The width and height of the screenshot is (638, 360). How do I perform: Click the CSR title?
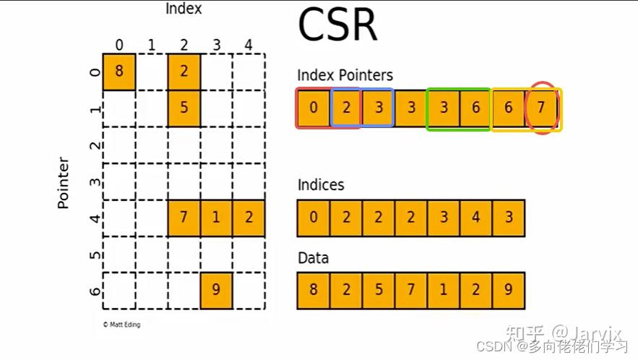pyautogui.click(x=337, y=26)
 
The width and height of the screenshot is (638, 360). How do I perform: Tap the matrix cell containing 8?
pyautogui.click(x=119, y=72)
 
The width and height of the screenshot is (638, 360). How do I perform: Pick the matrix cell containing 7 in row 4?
pyautogui.click(x=184, y=218)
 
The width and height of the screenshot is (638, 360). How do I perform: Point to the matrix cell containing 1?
pyautogui.click(x=216, y=218)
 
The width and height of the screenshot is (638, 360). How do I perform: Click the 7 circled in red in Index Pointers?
pyautogui.click(x=542, y=109)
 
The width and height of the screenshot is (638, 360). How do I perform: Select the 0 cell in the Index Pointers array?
pyautogui.click(x=313, y=108)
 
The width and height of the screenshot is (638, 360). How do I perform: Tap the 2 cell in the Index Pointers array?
pyautogui.click(x=346, y=108)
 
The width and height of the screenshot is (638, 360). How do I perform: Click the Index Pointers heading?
pyautogui.click(x=345, y=75)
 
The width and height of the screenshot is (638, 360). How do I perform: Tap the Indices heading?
pyautogui.click(x=321, y=185)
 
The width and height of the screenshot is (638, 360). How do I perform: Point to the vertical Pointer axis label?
pyautogui.click(x=64, y=182)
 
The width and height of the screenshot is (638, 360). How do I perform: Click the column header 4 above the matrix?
pyautogui.click(x=248, y=46)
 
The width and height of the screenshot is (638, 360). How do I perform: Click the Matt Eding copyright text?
pyautogui.click(x=122, y=325)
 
